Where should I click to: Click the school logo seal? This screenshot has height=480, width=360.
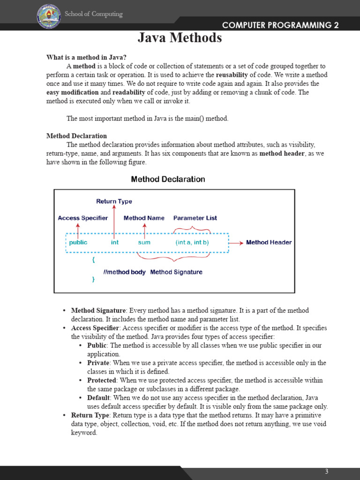[x=49, y=16]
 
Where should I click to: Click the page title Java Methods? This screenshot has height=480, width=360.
[x=180, y=38]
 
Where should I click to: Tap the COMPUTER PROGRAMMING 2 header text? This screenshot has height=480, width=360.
[x=280, y=25]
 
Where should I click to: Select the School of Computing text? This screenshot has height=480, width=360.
[x=93, y=14]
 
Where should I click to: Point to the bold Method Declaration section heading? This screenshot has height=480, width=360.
[x=76, y=136]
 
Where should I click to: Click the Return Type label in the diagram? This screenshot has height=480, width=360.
[x=114, y=202]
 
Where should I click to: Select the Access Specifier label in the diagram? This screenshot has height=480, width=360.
[x=82, y=218]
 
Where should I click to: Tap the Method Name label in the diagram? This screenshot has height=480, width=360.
[x=144, y=218]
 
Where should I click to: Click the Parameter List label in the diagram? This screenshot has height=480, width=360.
[x=195, y=218]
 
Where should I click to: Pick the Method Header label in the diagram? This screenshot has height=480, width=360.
[x=269, y=242]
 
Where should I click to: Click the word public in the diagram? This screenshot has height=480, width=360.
[x=78, y=243]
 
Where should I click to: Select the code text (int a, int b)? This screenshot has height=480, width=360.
[x=192, y=243]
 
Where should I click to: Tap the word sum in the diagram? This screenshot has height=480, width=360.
[x=144, y=243]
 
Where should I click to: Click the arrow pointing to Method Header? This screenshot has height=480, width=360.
[x=236, y=243]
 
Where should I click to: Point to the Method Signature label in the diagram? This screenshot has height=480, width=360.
[x=176, y=272]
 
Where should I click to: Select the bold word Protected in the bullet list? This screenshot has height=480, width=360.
[x=102, y=380]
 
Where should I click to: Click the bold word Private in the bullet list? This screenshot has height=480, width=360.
[x=98, y=363]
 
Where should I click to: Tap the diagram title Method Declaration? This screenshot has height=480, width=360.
[x=168, y=179]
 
